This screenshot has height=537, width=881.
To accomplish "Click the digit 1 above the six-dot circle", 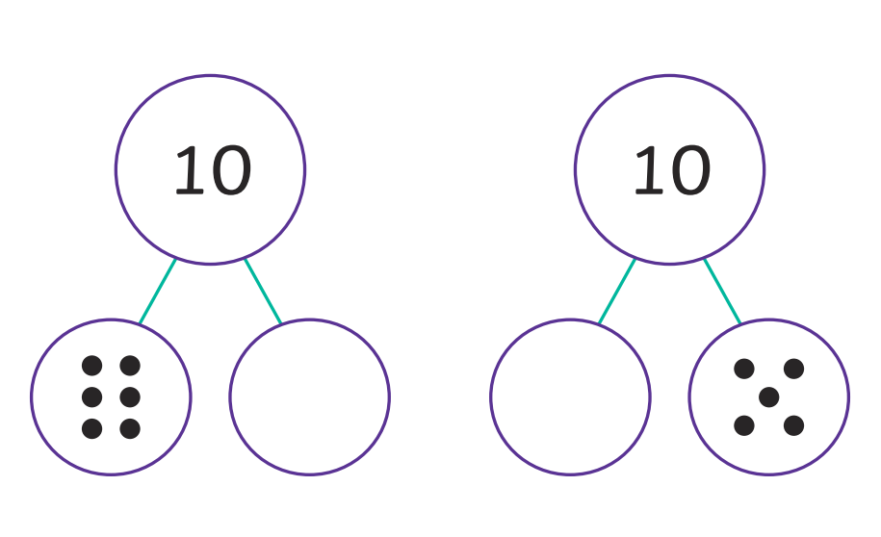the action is tap(190, 169).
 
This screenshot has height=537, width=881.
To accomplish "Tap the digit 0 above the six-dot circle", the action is tap(230, 170).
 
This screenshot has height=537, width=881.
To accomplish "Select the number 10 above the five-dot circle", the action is tap(671, 170).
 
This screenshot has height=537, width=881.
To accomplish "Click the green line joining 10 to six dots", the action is tap(157, 292).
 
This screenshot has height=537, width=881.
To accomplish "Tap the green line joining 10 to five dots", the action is tap(722, 291).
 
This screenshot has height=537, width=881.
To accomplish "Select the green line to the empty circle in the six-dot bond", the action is tap(263, 291).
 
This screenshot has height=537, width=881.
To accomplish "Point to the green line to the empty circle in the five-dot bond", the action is tap(617, 292).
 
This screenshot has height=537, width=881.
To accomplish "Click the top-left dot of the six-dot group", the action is tap(92, 366).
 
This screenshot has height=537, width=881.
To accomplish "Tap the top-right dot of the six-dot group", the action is tap(130, 366).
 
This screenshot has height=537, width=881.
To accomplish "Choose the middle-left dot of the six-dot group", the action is tap(92, 397).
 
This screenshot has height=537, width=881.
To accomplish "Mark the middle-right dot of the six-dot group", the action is tap(130, 397).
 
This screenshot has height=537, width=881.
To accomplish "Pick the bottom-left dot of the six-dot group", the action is tap(92, 428).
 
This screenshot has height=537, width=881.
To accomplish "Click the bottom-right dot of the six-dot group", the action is tap(130, 428).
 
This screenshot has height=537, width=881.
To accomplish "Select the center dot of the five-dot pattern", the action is tap(769, 397).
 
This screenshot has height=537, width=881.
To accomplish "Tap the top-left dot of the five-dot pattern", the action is tap(744, 369).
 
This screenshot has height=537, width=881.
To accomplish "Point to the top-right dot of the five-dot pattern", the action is tap(794, 369).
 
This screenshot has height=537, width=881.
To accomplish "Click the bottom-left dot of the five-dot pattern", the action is tap(744, 425).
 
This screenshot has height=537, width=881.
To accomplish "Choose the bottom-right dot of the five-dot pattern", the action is tap(794, 425).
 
